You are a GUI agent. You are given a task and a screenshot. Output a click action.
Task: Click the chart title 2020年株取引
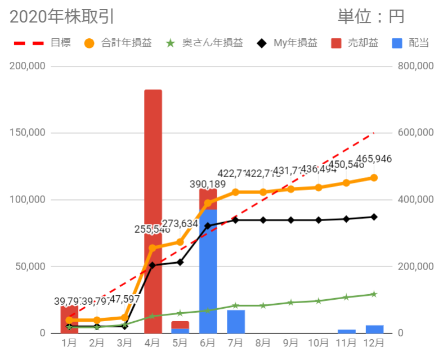(62, 17)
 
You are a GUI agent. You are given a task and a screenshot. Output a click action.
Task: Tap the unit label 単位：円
(371, 17)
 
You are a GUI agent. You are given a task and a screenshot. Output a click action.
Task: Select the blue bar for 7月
(236, 321)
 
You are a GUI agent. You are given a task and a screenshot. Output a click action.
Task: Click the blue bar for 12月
(374, 329)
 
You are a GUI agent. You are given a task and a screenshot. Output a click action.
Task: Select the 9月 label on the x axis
(291, 342)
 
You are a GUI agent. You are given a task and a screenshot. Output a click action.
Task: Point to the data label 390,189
(209, 184)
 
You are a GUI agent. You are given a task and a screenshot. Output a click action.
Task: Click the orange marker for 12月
(374, 178)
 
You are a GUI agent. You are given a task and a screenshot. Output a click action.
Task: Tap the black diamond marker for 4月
(153, 265)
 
